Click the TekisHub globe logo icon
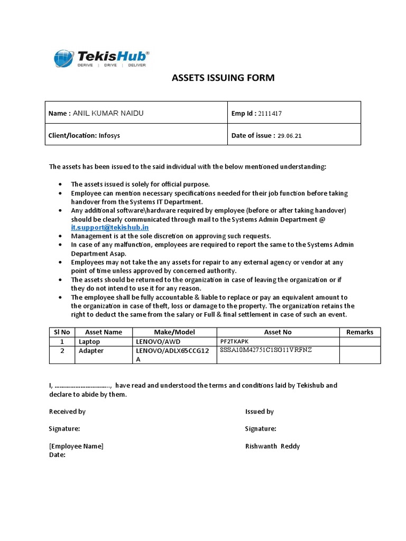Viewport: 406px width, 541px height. point(64,59)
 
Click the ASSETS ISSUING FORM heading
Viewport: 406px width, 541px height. point(224,78)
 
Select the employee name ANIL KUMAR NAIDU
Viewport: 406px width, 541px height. point(108,113)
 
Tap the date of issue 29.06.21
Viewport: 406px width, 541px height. point(290,136)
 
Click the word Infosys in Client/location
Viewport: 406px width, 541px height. point(109,135)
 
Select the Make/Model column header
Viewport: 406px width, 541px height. point(174,332)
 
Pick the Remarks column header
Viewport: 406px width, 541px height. point(359,332)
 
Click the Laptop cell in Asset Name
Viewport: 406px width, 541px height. point(89,342)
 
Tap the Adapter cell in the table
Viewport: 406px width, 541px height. point(91,351)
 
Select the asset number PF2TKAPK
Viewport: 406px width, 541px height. point(234,342)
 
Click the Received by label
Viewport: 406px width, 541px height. point(67,412)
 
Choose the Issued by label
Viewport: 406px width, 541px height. point(260,412)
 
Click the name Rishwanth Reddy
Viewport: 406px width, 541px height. point(272,446)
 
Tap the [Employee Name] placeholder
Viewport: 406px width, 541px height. point(76,446)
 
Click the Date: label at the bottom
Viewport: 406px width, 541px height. point(57,454)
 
